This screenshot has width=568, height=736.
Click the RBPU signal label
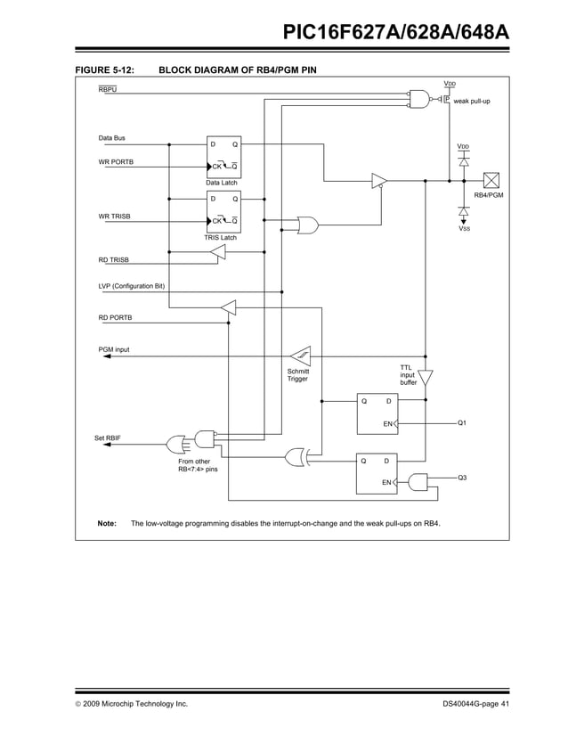pyautogui.click(x=107, y=90)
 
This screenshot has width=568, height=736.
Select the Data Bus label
pyautogui.click(x=111, y=138)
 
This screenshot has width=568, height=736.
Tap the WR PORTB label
pyautogui.click(x=116, y=162)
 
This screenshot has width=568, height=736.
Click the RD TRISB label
pyautogui.click(x=113, y=259)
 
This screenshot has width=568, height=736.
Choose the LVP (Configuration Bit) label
pyautogui.click(x=132, y=286)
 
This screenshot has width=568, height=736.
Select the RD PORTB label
pyautogui.click(x=115, y=318)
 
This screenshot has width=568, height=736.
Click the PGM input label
pyautogui.click(x=113, y=349)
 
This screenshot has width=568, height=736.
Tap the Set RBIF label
pyautogui.click(x=108, y=438)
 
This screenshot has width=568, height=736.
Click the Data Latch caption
pyautogui.click(x=223, y=183)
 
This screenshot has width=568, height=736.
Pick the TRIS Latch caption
pyautogui.click(x=221, y=238)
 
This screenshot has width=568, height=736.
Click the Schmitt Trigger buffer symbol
pyautogui.click(x=300, y=356)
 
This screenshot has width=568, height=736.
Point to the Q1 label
pyautogui.click(x=462, y=422)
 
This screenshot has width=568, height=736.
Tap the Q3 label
pyautogui.click(x=462, y=478)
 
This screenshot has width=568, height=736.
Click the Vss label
pyautogui.click(x=464, y=229)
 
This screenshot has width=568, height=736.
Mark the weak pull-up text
pyautogui.click(x=472, y=102)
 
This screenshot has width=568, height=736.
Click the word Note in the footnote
pyautogui.click(x=106, y=523)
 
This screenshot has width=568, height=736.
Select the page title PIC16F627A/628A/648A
pyautogui.click(x=395, y=33)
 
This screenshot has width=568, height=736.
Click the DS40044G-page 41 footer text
pyautogui.click(x=475, y=705)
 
